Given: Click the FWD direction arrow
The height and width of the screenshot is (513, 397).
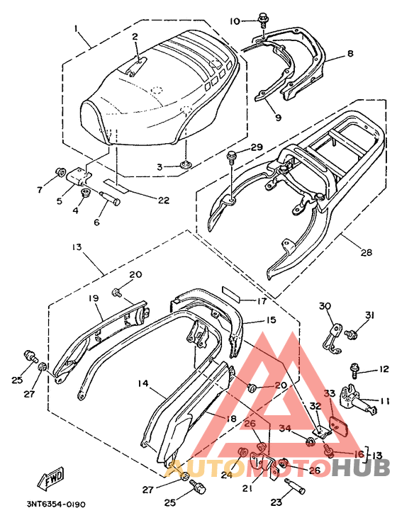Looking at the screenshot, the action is [51, 479].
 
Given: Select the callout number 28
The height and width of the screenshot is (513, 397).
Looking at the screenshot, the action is [367, 252].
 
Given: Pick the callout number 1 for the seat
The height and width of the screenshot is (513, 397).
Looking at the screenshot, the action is [76, 29].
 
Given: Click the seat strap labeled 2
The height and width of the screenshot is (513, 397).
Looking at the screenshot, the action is [135, 67].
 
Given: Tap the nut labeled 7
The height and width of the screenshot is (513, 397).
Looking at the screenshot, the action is [60, 171].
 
